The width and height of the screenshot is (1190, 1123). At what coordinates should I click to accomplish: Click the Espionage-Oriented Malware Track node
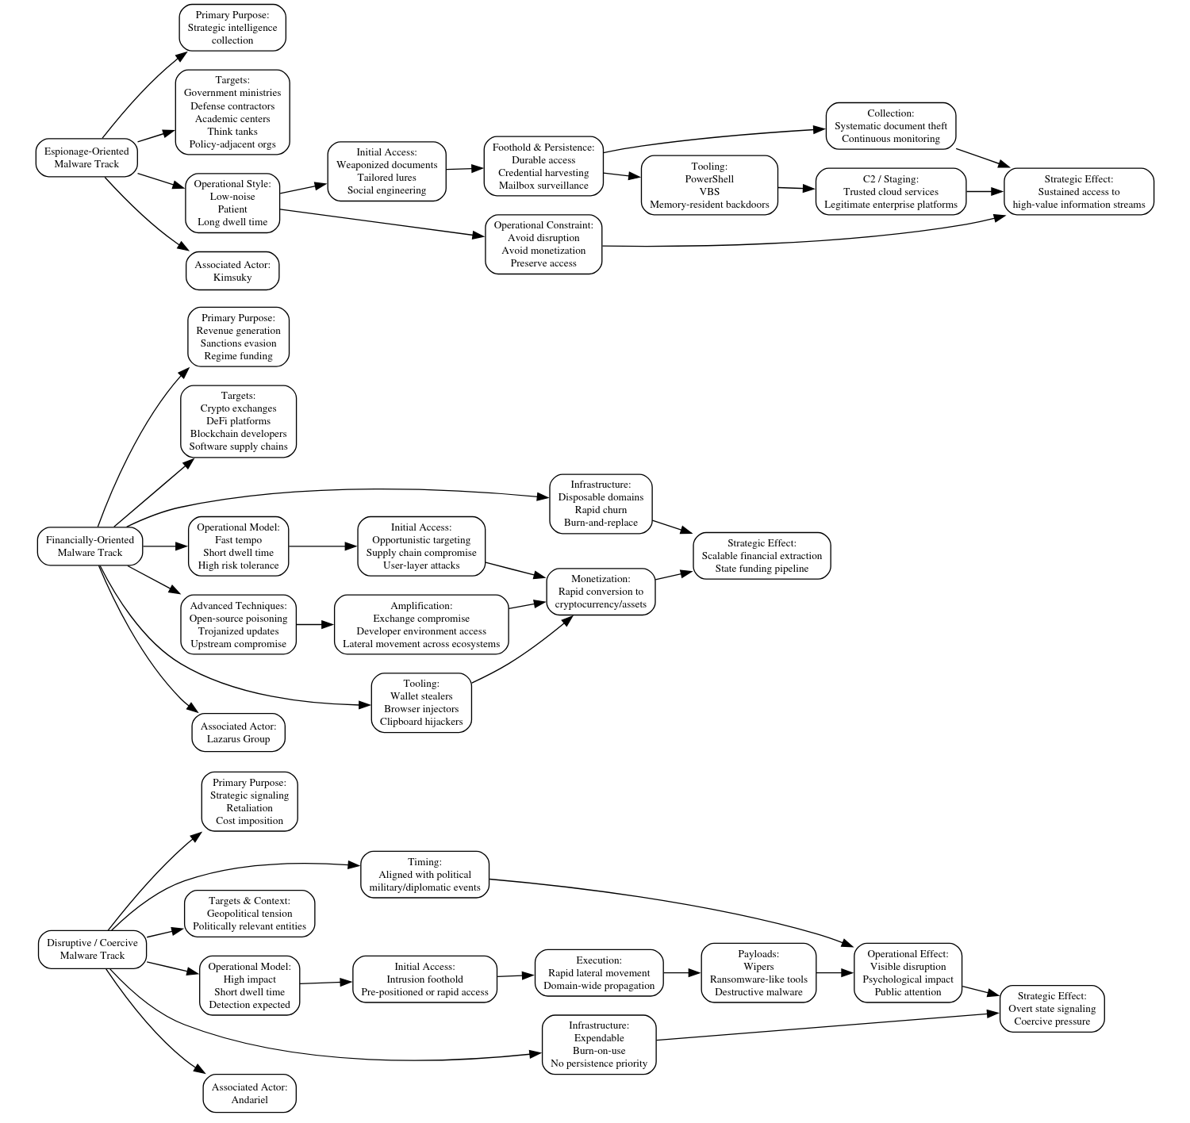coord(86,158)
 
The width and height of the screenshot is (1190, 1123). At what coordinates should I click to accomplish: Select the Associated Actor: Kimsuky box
coord(232,271)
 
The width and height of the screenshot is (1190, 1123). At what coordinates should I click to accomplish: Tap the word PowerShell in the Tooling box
coord(709,179)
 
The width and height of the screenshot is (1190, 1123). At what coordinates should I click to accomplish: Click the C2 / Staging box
coord(890,192)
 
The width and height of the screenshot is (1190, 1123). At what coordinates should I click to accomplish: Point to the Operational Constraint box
coord(543,244)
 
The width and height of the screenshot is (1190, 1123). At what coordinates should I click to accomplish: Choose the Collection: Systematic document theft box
coord(890,126)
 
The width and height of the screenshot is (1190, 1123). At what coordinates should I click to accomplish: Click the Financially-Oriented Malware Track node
coord(90,546)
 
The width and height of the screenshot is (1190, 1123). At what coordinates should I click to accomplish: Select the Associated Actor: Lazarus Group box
coord(238,733)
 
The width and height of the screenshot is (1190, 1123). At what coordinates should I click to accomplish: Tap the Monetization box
coord(601,592)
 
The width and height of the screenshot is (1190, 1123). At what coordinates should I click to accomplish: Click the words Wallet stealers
coord(421,696)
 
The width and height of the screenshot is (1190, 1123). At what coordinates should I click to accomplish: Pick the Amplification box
coord(421,625)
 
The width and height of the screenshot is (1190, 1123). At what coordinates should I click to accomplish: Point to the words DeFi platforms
coord(238,421)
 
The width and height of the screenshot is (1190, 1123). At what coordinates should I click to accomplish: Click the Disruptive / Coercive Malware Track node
coord(92,949)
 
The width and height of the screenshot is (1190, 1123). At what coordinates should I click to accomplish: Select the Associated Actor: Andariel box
coord(249,1094)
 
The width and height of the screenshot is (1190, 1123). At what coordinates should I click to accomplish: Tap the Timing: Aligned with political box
coord(424,875)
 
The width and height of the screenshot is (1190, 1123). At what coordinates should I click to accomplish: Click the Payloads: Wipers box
coord(758,973)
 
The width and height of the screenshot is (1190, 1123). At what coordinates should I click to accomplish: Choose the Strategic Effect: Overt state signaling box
coord(1051,1009)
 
